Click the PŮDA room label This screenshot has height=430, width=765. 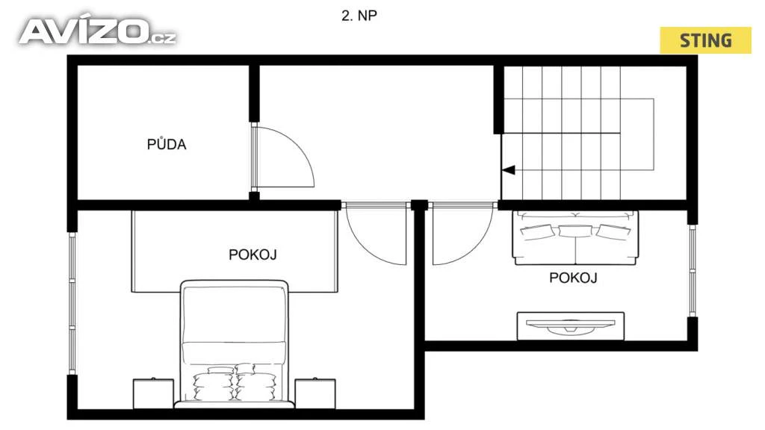(x=167, y=144)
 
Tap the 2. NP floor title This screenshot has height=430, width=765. (x=359, y=16)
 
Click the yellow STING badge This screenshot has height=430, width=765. (x=705, y=40)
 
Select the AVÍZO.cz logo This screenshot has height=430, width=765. (x=97, y=31)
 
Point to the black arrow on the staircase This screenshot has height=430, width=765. (x=508, y=170)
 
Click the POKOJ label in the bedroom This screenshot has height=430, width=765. (x=253, y=255)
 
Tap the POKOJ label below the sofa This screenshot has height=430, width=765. (x=573, y=278)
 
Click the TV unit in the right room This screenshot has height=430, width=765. (x=570, y=326)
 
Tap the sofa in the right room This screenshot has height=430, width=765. (x=575, y=238)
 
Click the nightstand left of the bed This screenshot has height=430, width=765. (x=153, y=393)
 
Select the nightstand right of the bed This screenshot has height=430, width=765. (x=315, y=393)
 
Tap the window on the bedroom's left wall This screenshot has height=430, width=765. (x=72, y=303)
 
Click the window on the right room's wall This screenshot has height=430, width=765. (x=693, y=270)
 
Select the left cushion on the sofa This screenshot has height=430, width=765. (x=538, y=231)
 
